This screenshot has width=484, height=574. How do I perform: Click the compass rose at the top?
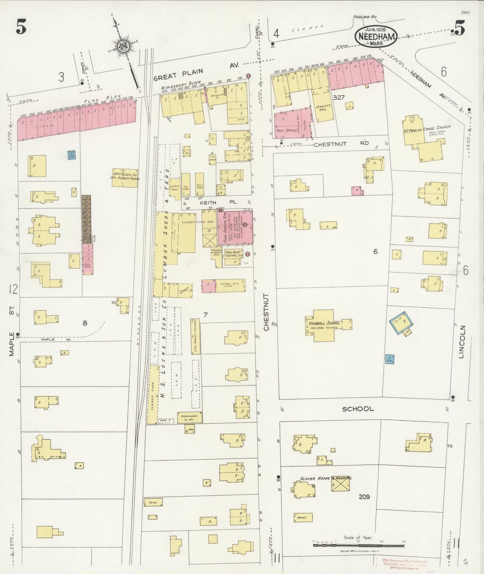124,46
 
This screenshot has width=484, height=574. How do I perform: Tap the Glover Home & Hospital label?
325,478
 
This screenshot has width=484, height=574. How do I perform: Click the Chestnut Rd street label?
341,143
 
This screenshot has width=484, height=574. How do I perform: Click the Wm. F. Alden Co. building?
125,177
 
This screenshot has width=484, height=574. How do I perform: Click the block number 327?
339,97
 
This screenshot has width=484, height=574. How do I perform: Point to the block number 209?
364,497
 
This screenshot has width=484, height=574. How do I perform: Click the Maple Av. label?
56,339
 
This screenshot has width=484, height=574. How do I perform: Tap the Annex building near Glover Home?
303,517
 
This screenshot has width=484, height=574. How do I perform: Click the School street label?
358,409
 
